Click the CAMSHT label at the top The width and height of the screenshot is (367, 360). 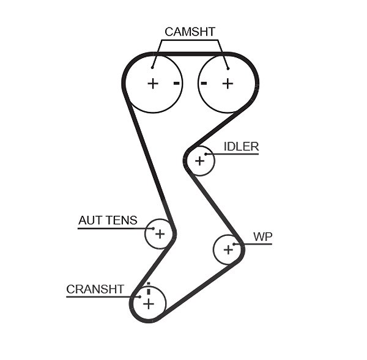pos(190,32)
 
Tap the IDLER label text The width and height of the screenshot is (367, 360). pos(242,147)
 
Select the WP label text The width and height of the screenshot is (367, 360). pos(263,237)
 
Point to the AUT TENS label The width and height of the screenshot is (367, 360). pos(108,220)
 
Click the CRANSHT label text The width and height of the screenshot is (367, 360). pos(95,289)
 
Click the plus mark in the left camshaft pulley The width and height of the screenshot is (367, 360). pos(153,84)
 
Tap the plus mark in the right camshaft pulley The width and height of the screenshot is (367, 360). pos(228,84)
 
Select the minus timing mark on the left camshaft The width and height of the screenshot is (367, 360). pos(177,83)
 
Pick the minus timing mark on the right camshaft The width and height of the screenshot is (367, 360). pos(204,83)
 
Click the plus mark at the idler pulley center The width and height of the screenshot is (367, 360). pos(199,161)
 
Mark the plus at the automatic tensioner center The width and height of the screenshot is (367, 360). pos(160,234)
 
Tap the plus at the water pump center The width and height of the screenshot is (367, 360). pos(228,250)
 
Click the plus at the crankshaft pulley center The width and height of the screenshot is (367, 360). pos(149,304)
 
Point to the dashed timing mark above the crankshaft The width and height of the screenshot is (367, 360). pos(149,288)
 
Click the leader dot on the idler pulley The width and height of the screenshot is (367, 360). pos(206,154)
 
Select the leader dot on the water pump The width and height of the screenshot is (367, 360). pos(234,244)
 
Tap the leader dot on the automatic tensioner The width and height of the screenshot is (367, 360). pos(154,229)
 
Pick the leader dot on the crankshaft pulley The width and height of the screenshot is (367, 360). pos(139,297)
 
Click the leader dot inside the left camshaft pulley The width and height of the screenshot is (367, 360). pos(152,68)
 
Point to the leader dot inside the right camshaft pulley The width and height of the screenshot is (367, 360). pos(228,68)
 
